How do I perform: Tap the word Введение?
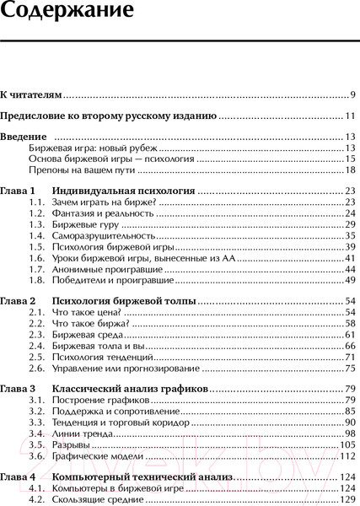click(x=23, y=137)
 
